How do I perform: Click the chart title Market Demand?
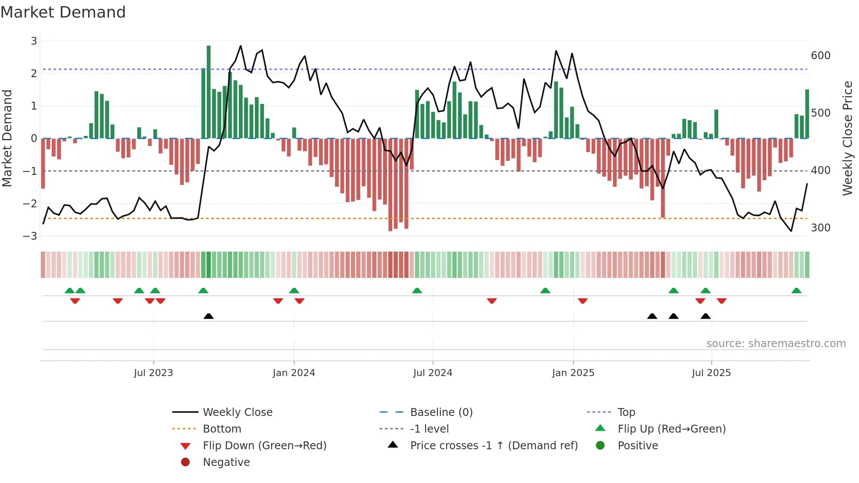pyautogui.click(x=63, y=12)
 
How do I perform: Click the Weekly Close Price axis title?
pyautogui.click(x=848, y=138)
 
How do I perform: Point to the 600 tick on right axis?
pyautogui.click(x=820, y=56)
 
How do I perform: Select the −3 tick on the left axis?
pyautogui.click(x=30, y=236)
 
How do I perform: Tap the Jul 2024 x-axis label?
pyautogui.click(x=433, y=373)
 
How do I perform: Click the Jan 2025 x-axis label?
pyautogui.click(x=573, y=373)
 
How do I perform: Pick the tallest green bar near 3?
pyautogui.click(x=209, y=92)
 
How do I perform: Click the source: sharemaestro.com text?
pyautogui.click(x=776, y=344)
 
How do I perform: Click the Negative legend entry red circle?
pyautogui.click(x=185, y=462)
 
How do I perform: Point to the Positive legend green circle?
pyautogui.click(x=600, y=446)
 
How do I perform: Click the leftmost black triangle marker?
pyautogui.click(x=209, y=316)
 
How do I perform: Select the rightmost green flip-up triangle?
pyautogui.click(x=796, y=291)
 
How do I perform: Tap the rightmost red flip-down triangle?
pyautogui.click(x=722, y=301)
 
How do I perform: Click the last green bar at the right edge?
pyautogui.click(x=807, y=114)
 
